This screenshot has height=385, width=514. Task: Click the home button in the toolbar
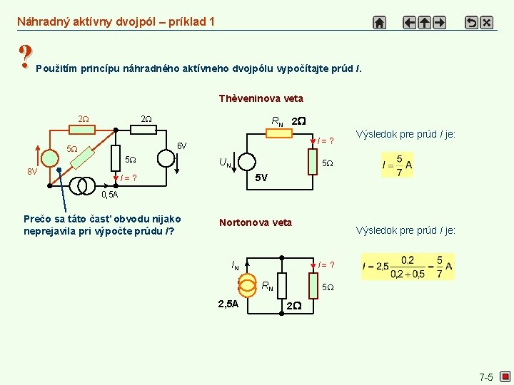[x=380, y=22]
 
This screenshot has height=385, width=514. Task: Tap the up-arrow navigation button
[x=424, y=22]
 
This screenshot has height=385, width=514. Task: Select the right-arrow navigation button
[x=439, y=22]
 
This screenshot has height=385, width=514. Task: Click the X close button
[x=486, y=22]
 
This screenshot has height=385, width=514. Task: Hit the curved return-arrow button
[x=471, y=22]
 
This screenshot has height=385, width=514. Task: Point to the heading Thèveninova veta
[x=261, y=98]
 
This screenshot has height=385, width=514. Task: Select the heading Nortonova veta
[x=255, y=222]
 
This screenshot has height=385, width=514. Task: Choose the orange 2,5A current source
[x=247, y=284]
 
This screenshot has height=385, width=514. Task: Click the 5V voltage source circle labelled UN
[x=243, y=163]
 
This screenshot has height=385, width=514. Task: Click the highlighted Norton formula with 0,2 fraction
[x=408, y=267]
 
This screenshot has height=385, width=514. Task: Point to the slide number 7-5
[x=486, y=376]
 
